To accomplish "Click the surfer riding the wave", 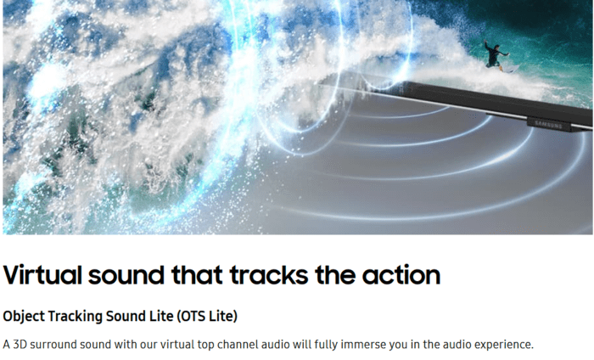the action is [496, 56].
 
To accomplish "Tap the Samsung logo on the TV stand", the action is [548, 124].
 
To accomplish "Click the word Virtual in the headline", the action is [42, 275].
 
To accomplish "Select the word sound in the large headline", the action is [126, 275].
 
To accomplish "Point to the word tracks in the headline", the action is [269, 275].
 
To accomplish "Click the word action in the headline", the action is [401, 275].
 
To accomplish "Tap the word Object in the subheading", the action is [24, 316].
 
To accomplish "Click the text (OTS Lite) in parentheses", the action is [207, 316].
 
